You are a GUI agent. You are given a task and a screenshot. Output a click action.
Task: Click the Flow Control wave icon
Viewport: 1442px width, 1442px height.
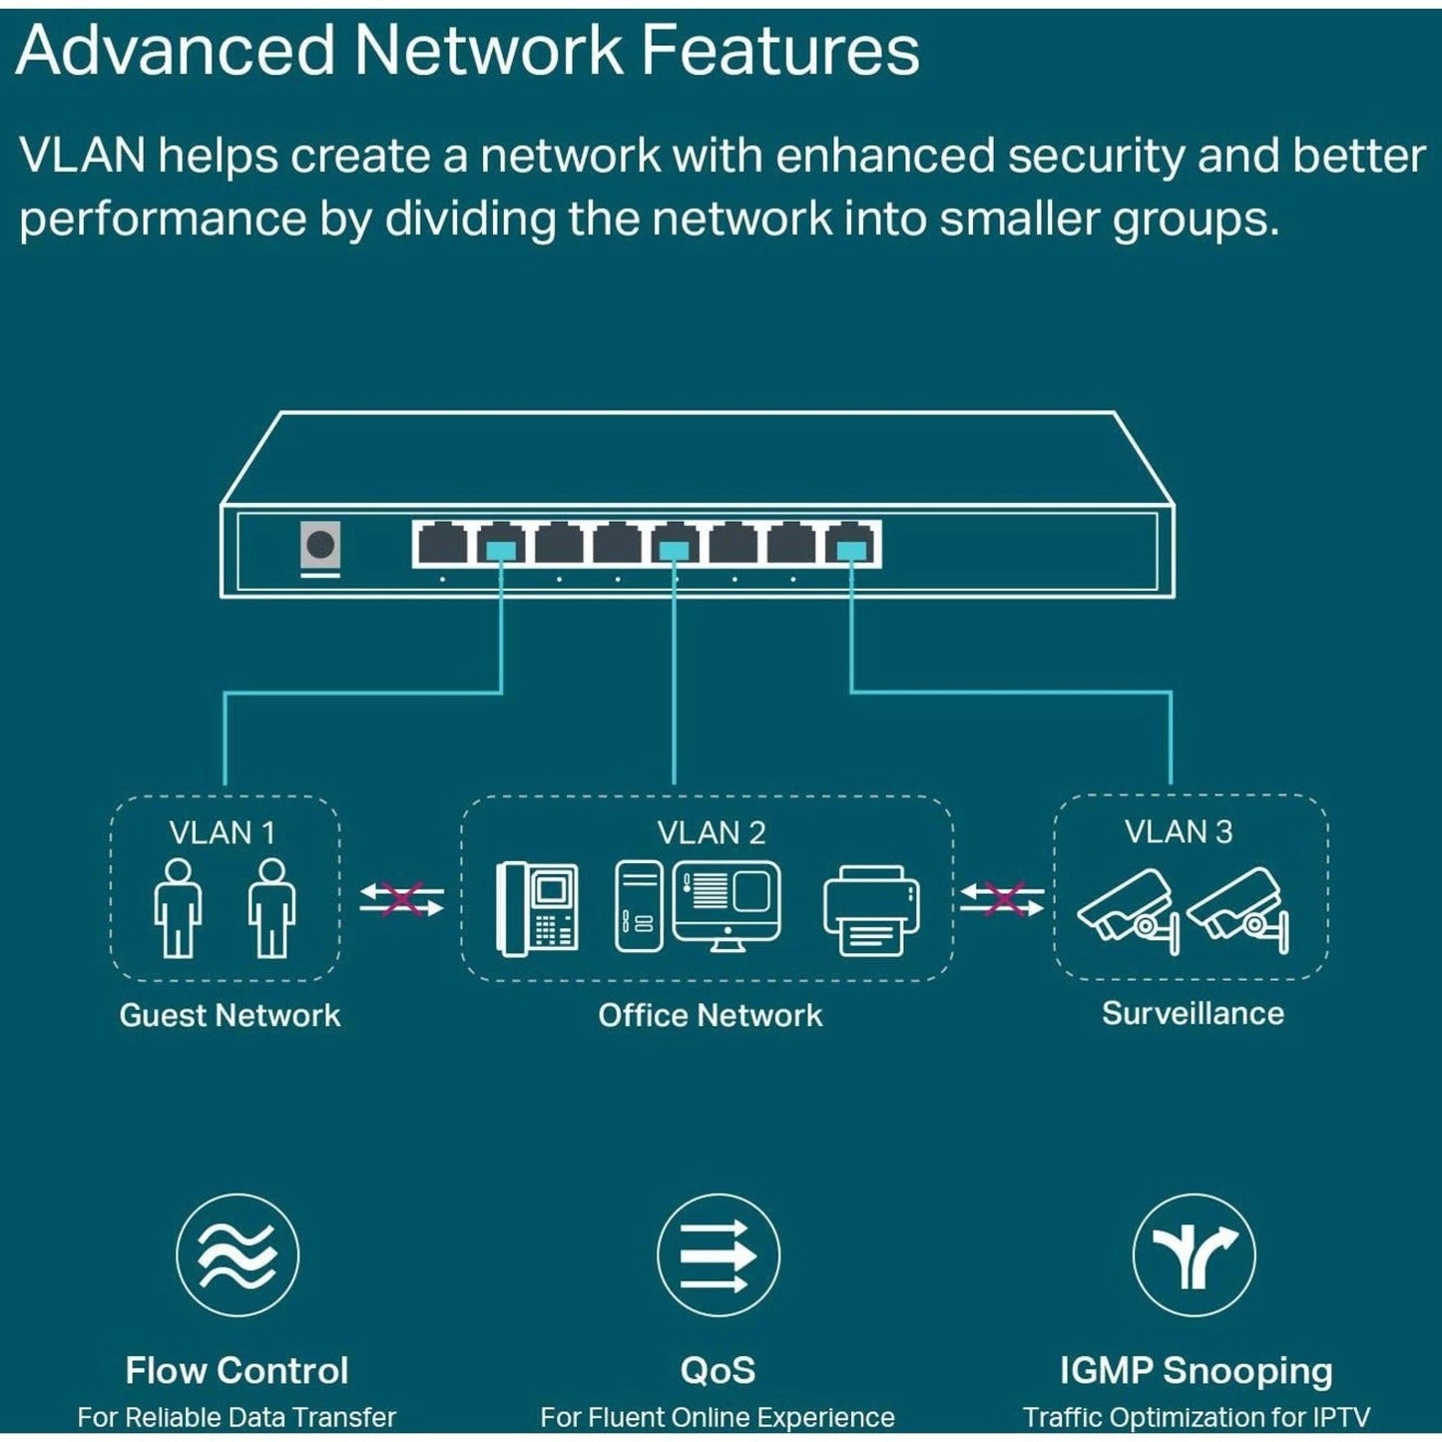tap(238, 1254)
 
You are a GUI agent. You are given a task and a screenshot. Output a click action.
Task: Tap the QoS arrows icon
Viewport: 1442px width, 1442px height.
tap(718, 1254)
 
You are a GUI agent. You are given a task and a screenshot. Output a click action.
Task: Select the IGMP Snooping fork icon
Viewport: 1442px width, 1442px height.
tap(1194, 1254)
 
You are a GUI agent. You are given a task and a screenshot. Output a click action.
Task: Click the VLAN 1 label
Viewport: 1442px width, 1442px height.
tap(222, 832)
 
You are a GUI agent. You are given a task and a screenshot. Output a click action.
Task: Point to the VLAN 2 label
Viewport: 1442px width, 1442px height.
tap(711, 832)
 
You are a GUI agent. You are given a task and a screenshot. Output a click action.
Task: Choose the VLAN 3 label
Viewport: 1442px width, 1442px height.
tap(1179, 831)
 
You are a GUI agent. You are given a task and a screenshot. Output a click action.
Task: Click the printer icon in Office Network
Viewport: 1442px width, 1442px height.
tap(871, 909)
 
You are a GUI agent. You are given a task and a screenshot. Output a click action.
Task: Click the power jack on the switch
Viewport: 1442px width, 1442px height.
tap(320, 546)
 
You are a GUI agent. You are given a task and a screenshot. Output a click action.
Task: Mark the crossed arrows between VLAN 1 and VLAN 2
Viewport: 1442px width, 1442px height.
tap(401, 899)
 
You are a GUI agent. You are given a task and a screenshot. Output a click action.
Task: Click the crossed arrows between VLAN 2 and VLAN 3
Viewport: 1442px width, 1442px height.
tap(1003, 899)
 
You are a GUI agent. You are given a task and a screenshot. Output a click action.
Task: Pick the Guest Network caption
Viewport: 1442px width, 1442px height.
tap(230, 1015)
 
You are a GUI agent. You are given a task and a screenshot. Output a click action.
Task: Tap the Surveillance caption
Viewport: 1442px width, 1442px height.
tap(1193, 1013)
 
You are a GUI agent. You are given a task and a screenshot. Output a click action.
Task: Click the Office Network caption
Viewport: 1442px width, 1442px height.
tap(710, 1015)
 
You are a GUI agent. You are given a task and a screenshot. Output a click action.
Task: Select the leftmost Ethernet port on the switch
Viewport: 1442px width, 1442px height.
tap(442, 545)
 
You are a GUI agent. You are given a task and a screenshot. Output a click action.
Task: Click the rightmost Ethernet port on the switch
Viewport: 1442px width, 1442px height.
tap(851, 545)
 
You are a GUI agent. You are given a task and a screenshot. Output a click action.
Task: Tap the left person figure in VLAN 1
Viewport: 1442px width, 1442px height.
tap(178, 907)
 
